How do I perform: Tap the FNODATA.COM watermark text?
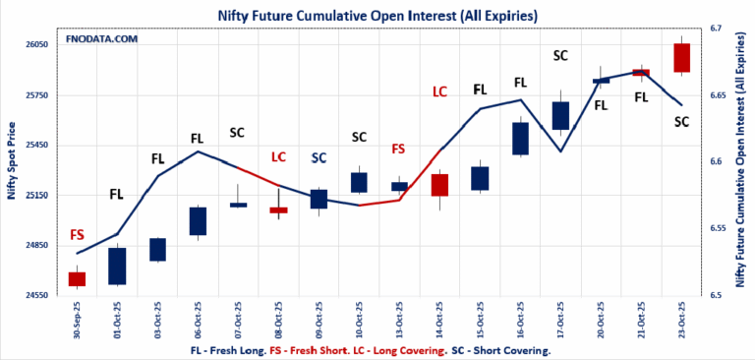pos(102,39)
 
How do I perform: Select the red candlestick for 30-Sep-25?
pos(77,278)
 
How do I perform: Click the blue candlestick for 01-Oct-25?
pos(117,266)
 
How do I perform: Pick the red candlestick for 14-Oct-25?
pos(439,184)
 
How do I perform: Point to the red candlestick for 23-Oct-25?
pos(681,57)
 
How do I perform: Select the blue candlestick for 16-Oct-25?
pos(520,138)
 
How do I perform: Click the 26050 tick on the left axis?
pos(35,45)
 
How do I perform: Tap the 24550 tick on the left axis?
pos(35,295)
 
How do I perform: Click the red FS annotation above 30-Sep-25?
pos(77,235)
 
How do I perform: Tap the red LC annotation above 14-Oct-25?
pos(439,91)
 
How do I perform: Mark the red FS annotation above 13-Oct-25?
pos(398,149)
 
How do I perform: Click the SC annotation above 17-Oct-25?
pos(560,55)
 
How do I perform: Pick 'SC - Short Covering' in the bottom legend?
pos(501,350)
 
